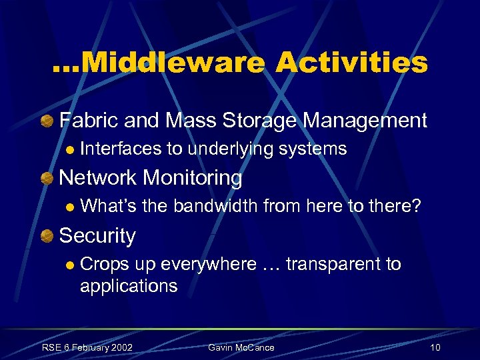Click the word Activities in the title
351,63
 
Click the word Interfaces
120,149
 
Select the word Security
97,235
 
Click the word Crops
105,264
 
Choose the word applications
129,286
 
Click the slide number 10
435,348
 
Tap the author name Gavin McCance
241,348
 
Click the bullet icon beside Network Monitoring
46,179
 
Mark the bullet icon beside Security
46,236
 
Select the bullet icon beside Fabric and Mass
46,121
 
